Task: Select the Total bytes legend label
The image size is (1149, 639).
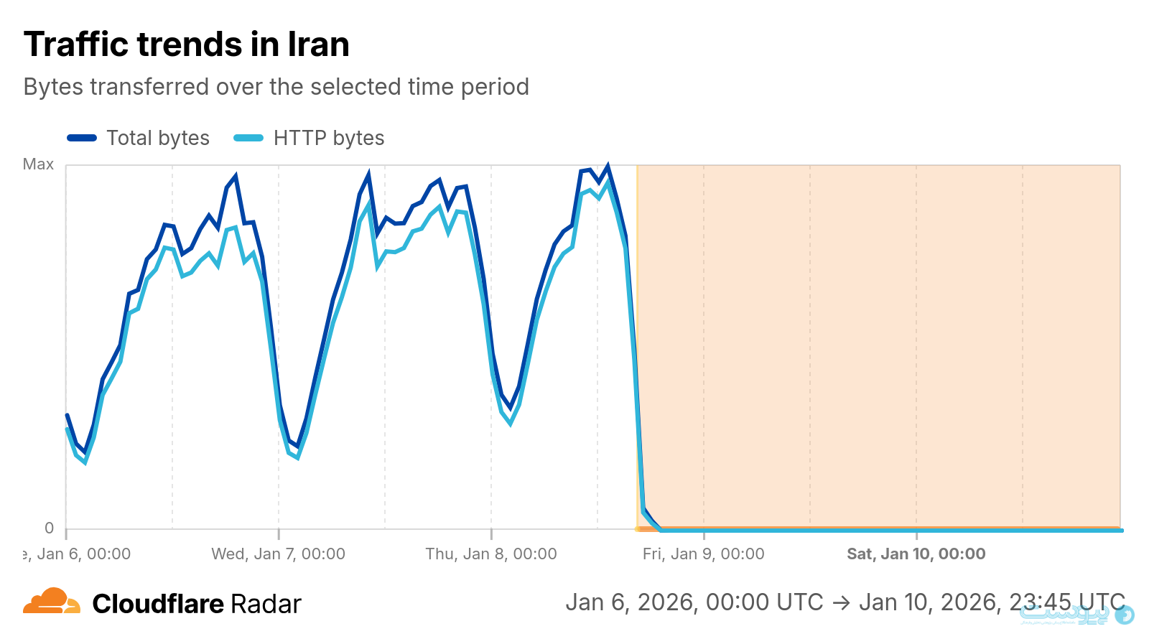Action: click(x=158, y=138)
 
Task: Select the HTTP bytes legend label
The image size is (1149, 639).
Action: click(x=329, y=138)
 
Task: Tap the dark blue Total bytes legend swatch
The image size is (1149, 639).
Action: click(x=82, y=138)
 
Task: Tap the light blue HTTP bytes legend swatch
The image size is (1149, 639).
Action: click(x=248, y=138)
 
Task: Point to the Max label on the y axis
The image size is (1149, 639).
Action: click(x=38, y=164)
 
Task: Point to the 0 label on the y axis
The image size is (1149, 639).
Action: click(x=49, y=528)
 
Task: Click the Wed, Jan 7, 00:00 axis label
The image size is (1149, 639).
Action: click(x=278, y=554)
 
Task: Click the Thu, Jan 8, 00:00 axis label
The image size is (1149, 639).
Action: click(x=491, y=554)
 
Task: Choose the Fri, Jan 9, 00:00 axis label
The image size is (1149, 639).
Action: click(x=704, y=554)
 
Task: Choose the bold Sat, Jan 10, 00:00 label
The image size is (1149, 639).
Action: click(x=916, y=554)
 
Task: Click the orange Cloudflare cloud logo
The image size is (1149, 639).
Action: click(x=51, y=602)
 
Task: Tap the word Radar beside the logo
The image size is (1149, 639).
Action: click(x=266, y=604)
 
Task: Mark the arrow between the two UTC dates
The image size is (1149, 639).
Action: click(x=841, y=602)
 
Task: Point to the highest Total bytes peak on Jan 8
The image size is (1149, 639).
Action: click(x=608, y=167)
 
